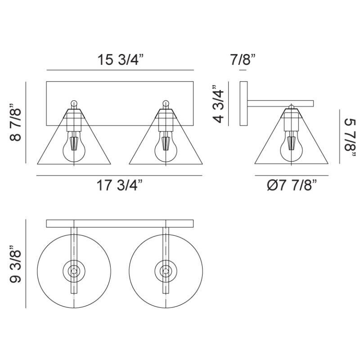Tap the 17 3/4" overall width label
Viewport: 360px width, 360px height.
pos(120,185)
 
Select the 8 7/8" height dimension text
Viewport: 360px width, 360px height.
pos(16,122)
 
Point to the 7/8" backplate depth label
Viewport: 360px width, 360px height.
pos(243,59)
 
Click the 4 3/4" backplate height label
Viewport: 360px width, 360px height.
pos(218,104)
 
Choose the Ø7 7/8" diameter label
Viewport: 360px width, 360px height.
pos(292,185)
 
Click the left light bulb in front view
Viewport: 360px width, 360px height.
pos(74,147)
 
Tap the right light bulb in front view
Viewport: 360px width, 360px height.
pos(166,147)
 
